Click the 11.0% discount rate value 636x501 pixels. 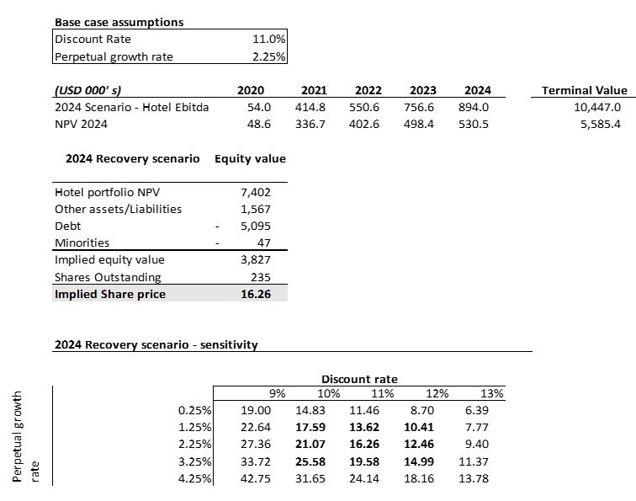pos(269,39)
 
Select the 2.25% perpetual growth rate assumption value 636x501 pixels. pos(269,56)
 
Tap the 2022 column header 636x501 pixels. pos(368,90)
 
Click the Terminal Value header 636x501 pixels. pos(585,90)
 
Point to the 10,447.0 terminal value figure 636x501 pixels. pos(597,107)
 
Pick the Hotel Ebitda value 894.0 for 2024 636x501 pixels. pos(474,107)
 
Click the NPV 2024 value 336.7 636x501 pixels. pos(310,124)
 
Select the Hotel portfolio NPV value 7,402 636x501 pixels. pos(256,192)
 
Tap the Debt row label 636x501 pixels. pos(68,226)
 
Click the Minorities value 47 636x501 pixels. pos(263,243)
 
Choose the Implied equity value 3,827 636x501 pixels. pos(256,259)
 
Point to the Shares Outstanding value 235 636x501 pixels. pos(261,277)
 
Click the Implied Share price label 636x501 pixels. pos(110,294)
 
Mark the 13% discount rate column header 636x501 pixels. pos(491,393)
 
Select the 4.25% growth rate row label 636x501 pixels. pos(194,478)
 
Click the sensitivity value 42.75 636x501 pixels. pos(256,478)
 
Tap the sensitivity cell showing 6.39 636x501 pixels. pos(477,410)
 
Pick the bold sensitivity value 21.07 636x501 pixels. pos(310,444)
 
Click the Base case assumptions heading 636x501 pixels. pos(119,22)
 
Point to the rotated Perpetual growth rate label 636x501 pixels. pos(25,436)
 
